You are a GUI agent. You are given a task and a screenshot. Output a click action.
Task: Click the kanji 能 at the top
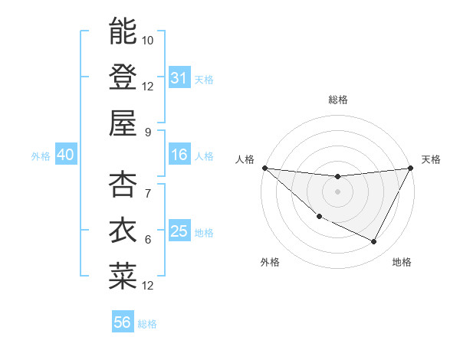click(123, 31)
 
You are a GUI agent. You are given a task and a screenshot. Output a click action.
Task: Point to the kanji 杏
click(123, 185)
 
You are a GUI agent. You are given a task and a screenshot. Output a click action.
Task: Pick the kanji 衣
click(123, 230)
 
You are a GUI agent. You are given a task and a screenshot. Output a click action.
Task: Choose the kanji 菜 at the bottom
click(123, 275)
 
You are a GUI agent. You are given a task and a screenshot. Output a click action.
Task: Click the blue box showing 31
click(179, 78)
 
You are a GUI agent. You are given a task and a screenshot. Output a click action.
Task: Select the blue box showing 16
click(179, 155)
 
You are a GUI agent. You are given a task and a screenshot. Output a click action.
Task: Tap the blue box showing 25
click(179, 231)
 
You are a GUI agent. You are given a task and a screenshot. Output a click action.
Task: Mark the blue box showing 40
click(65, 155)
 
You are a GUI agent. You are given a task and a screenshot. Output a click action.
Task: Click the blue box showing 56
click(122, 322)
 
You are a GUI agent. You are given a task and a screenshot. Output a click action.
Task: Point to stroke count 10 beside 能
click(148, 40)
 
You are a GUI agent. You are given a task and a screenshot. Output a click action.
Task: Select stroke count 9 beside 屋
click(148, 131)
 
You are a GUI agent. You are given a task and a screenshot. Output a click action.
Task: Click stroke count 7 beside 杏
click(148, 194)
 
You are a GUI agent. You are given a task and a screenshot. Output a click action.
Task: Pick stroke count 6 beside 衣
click(148, 240)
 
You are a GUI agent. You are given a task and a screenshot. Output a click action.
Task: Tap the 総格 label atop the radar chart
click(337, 100)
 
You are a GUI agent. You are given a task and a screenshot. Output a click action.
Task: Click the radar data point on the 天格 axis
click(410, 168)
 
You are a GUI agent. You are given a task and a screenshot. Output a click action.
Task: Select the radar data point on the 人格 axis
click(264, 168)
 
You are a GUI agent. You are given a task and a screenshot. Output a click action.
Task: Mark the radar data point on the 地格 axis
click(374, 242)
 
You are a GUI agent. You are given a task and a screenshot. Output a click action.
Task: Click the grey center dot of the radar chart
click(337, 191)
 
